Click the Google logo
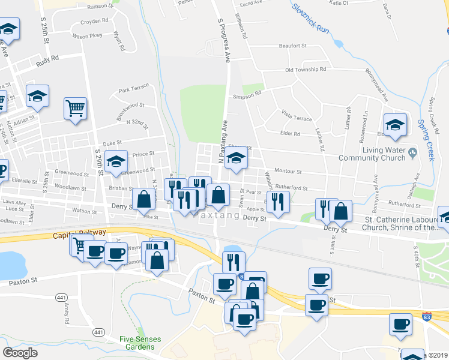tap(20, 353)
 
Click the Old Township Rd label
tap(306, 70)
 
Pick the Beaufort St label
tap(292, 46)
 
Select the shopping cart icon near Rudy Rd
tap(76, 109)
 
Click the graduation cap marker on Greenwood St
tap(116, 161)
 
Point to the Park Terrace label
tap(133, 90)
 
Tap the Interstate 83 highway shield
tap(427, 315)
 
